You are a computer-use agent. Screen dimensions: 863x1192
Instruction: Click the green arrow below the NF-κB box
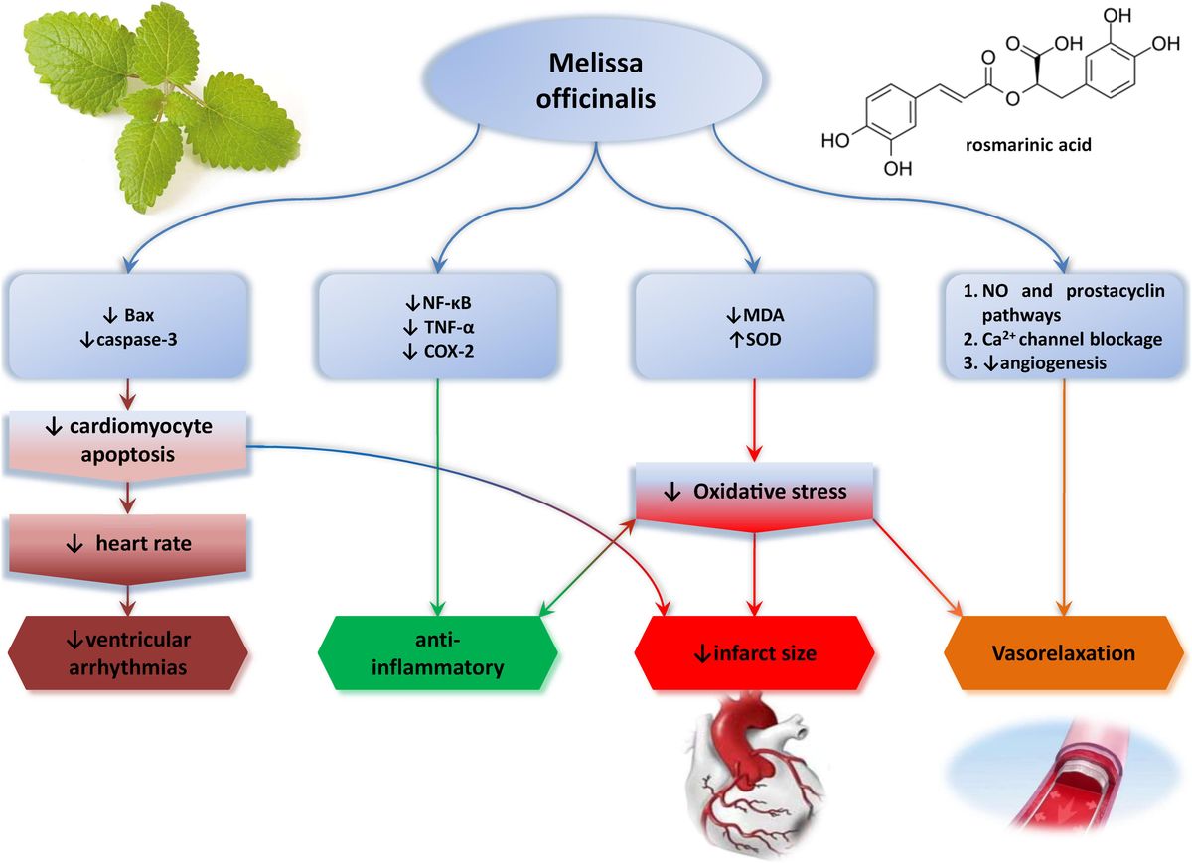438,497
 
